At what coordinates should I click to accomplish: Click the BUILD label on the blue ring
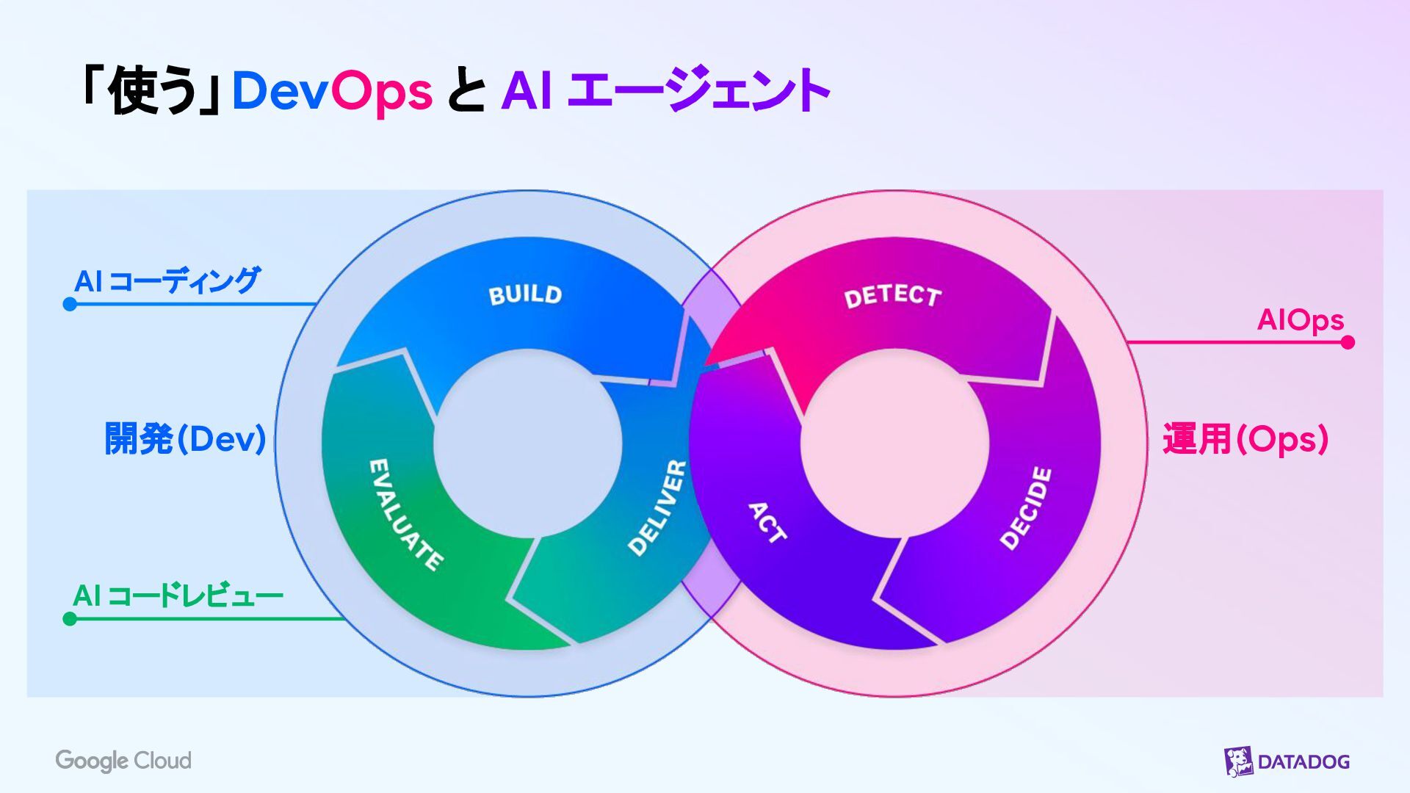(525, 294)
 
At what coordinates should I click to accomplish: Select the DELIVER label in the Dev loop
(658, 508)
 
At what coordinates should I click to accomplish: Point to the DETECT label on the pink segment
(892, 297)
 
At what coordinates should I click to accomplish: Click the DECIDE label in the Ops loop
(1027, 508)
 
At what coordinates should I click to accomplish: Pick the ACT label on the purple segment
(767, 523)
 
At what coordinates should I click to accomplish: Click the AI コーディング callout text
(167, 280)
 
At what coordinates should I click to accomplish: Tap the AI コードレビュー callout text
(178, 595)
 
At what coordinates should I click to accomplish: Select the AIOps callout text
(1300, 320)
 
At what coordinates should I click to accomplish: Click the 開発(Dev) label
(185, 439)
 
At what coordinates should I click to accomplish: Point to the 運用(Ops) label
(1245, 439)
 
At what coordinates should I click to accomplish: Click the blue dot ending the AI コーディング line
(70, 304)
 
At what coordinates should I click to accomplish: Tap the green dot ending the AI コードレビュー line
(70, 619)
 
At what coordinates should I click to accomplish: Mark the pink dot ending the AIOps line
(1348, 342)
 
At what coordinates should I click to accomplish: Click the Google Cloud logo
(123, 761)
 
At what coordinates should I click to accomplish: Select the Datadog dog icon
(1238, 761)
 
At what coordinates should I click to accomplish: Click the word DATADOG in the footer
(1304, 762)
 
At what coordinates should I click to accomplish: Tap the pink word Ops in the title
(382, 92)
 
